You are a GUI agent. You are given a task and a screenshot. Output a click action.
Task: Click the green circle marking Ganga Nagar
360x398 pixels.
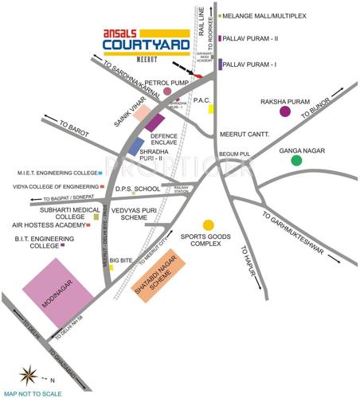[x=296, y=160]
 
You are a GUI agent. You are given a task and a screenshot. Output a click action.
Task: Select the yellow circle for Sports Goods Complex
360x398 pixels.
[x=208, y=225]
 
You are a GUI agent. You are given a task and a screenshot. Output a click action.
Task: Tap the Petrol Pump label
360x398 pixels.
[x=143, y=81]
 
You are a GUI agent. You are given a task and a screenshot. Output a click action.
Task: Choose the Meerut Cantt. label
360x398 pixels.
[x=244, y=134]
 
